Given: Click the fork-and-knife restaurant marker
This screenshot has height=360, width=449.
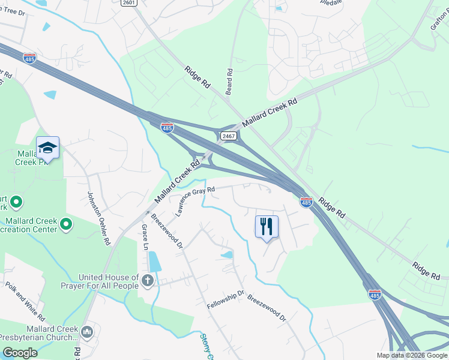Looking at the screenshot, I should (x=267, y=227).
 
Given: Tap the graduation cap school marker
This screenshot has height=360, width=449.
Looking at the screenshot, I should (x=48, y=148).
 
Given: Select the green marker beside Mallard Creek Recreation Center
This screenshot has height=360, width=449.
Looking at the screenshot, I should (x=66, y=225).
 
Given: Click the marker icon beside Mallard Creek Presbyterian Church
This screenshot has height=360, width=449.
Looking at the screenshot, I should (x=87, y=331).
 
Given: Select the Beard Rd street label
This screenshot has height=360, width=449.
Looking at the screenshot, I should (x=229, y=80).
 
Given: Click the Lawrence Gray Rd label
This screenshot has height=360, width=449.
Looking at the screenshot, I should (x=195, y=200).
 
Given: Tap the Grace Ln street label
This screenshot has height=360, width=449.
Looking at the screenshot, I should (x=144, y=238).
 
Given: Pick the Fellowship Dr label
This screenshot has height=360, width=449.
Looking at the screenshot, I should (x=226, y=300).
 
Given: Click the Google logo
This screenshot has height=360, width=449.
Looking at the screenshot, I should (x=20, y=353).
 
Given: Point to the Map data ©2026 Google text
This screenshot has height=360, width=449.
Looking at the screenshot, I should (x=412, y=355).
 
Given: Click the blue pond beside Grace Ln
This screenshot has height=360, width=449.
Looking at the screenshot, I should (x=154, y=261).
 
